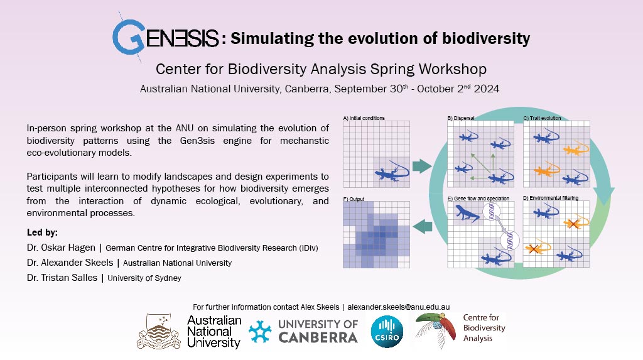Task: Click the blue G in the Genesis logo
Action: tap(128, 37)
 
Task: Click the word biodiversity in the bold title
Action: tap(486, 38)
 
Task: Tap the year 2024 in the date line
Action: tap(487, 89)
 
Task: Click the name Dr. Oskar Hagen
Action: tap(61, 248)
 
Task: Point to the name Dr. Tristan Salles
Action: tap(62, 278)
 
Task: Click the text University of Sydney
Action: tap(144, 278)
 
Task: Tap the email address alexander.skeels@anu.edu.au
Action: tap(399, 307)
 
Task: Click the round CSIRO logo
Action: tap(387, 331)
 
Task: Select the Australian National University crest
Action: tap(159, 332)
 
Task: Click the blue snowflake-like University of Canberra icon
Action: tap(260, 332)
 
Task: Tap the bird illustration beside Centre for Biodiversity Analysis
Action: tap(436, 331)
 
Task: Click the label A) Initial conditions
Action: tap(364, 118)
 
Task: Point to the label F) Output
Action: tap(354, 199)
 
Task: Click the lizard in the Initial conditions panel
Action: tap(392, 172)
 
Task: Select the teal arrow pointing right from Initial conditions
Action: tap(422, 166)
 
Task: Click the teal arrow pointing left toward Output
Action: tap(423, 227)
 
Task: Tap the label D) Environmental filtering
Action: tap(551, 198)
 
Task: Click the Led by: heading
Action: tap(42, 232)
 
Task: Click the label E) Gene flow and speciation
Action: tap(478, 199)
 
